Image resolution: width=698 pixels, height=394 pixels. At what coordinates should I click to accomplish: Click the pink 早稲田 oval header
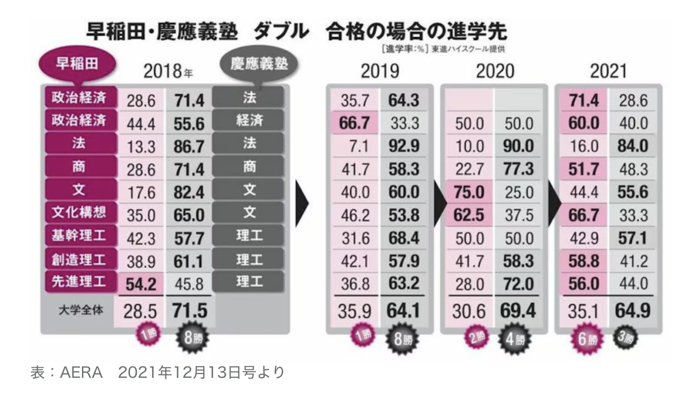(x=77, y=64)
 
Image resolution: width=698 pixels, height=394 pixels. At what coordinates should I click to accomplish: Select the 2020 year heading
(x=495, y=71)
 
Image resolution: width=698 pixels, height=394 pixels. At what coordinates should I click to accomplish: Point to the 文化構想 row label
(x=79, y=212)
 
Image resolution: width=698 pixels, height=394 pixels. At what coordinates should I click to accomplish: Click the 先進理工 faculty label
(x=79, y=282)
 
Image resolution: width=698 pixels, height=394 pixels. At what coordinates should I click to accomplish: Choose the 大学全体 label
(x=80, y=310)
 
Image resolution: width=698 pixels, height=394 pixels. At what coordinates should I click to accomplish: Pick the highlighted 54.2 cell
(x=141, y=284)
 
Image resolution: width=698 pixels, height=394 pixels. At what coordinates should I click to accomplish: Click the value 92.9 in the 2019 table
(x=404, y=146)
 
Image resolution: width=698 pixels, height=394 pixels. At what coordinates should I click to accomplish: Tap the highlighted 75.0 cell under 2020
(x=469, y=192)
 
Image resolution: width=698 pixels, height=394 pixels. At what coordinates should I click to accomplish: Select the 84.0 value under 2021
(x=633, y=146)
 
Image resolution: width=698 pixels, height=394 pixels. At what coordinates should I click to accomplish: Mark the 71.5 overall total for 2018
(x=190, y=311)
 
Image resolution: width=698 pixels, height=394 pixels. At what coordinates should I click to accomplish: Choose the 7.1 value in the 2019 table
(x=358, y=146)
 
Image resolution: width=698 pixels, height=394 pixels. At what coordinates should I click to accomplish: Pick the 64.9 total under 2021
(x=633, y=311)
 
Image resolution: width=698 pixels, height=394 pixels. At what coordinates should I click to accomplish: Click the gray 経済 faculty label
(x=248, y=120)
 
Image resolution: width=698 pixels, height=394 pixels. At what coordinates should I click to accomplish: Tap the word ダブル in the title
(x=281, y=32)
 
